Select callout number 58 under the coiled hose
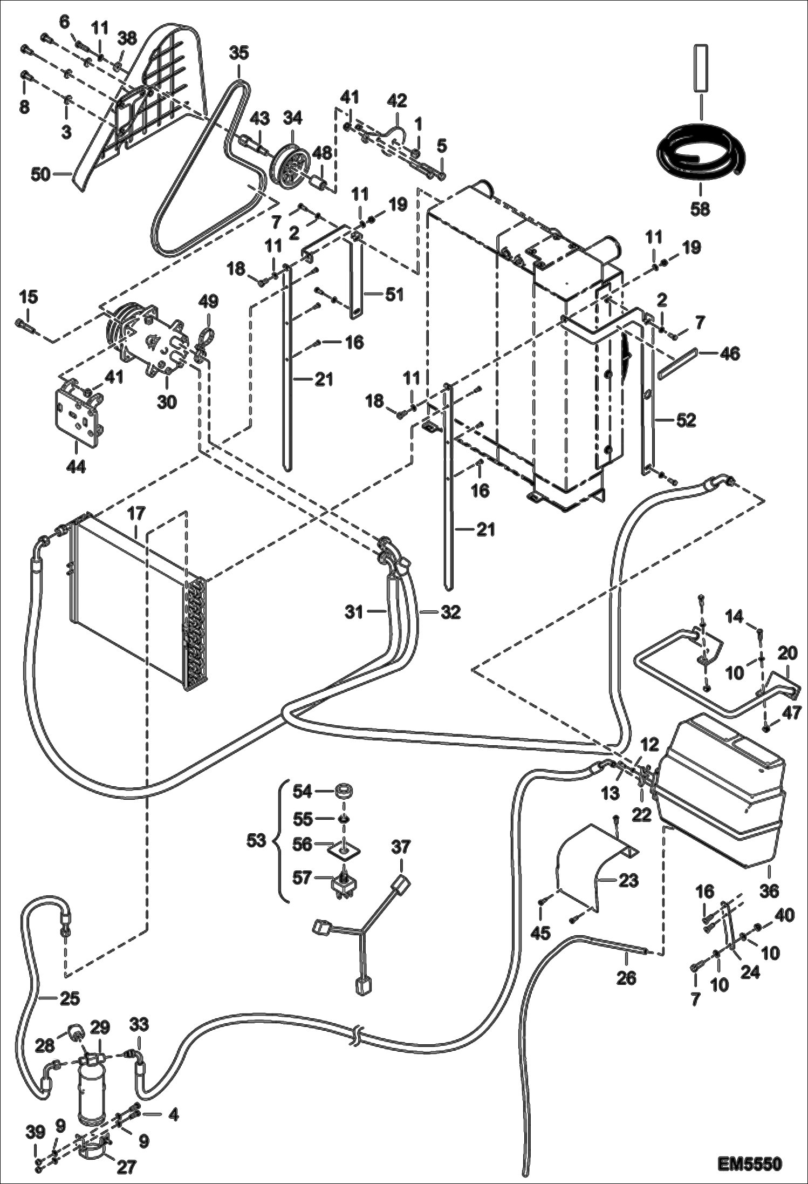pyautogui.click(x=700, y=209)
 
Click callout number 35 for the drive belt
pyautogui.click(x=239, y=53)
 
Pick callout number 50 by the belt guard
pyautogui.click(x=41, y=174)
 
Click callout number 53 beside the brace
pyautogui.click(x=256, y=841)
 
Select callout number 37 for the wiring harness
pyautogui.click(x=401, y=847)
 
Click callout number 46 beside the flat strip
pyautogui.click(x=730, y=353)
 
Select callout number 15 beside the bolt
pyautogui.click(x=29, y=296)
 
